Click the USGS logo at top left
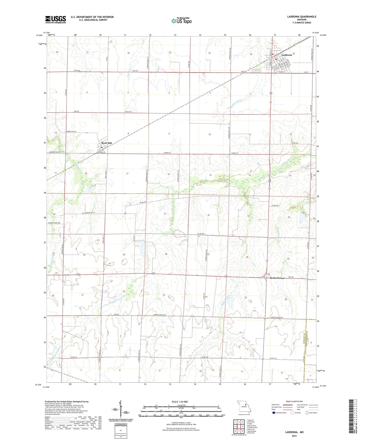pos(56,19)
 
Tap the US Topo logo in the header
pos(181,21)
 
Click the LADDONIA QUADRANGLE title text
pos(302,17)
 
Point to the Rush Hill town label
pos(106,143)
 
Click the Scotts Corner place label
pos(277,278)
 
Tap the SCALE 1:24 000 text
pos(180,402)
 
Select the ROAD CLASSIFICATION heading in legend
pos(294,401)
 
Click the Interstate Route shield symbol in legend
pos(274,413)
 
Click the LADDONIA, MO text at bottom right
pos(294,432)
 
